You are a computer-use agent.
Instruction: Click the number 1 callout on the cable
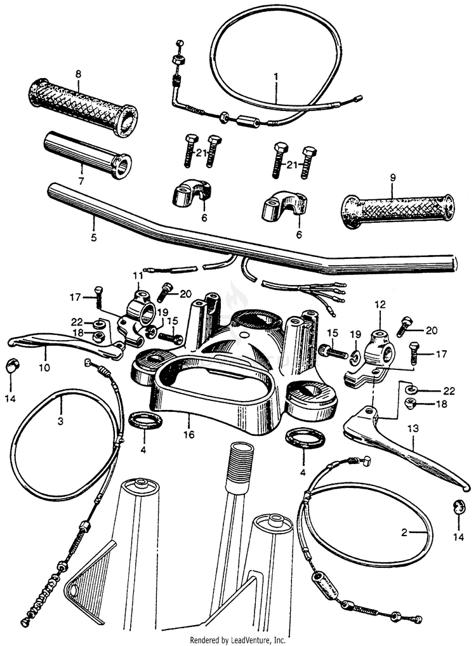click(x=276, y=77)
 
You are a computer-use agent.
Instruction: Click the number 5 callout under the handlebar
click(x=93, y=238)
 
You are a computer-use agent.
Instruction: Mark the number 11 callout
click(x=138, y=276)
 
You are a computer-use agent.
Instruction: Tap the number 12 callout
click(x=380, y=305)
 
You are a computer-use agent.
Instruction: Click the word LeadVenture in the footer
click(x=250, y=639)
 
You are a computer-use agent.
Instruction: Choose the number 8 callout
click(x=78, y=74)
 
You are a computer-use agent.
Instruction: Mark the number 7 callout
click(x=81, y=170)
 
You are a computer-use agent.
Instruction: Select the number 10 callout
click(x=44, y=367)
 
